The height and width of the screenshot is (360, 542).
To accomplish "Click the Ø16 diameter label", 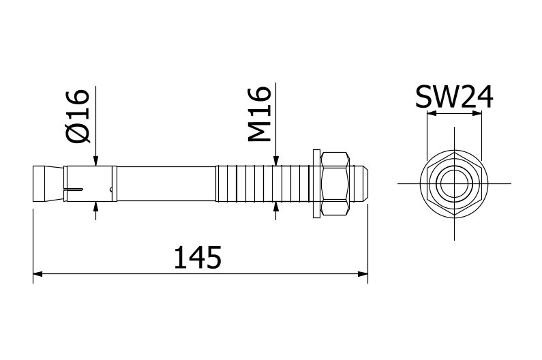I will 78,116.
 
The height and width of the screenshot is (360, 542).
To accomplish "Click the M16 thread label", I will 260,115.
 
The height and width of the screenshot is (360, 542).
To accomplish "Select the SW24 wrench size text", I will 454,97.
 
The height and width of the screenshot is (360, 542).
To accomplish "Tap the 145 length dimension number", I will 197,258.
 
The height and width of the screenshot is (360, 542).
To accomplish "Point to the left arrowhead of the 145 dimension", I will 38,274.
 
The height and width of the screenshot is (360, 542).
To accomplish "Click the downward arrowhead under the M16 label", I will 275,160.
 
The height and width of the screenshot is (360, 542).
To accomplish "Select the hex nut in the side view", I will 336,183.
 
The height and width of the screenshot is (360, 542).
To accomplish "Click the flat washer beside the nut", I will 316,183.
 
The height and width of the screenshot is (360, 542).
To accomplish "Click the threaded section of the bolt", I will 262,183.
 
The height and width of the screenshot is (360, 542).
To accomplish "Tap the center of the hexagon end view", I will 453,183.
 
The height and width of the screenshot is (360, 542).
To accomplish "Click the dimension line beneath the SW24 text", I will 454,115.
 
